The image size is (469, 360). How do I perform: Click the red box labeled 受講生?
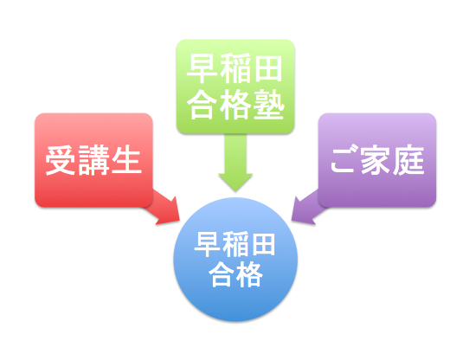tap(93, 160)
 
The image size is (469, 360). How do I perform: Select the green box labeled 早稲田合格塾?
tap(235, 87)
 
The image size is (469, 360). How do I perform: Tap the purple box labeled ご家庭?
tap(377, 160)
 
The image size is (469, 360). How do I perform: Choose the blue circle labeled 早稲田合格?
tap(235, 259)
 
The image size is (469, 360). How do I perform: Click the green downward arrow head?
tap(235, 182)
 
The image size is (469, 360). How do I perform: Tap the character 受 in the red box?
tap(60, 160)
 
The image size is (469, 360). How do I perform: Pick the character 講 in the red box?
tap(93, 160)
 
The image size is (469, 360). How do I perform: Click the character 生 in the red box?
tap(126, 160)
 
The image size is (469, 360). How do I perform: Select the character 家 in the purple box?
tap(376, 160)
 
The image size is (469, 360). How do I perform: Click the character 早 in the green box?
tap(202, 68)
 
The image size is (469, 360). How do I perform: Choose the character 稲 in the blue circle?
tap(234, 244)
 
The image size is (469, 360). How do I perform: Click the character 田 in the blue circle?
tap(262, 245)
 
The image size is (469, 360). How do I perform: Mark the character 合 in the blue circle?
tap(222, 273)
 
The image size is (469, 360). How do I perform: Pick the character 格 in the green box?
tap(235, 105)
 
